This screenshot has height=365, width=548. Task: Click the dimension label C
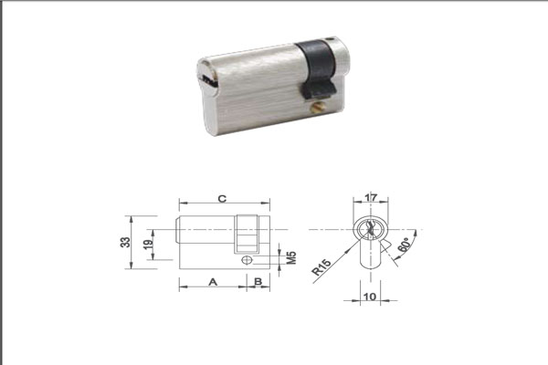(x=222, y=199)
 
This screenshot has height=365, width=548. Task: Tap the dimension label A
(x=213, y=282)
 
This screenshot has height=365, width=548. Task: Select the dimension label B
(x=258, y=282)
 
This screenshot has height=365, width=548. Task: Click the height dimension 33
(x=125, y=243)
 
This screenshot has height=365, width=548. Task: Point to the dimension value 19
(x=149, y=245)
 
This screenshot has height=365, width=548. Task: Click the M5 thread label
(x=291, y=257)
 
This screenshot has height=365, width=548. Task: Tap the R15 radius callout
(x=321, y=267)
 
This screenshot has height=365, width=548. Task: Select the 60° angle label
(x=404, y=245)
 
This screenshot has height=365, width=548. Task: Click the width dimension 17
(x=371, y=198)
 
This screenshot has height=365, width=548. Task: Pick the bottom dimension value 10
(x=370, y=297)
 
